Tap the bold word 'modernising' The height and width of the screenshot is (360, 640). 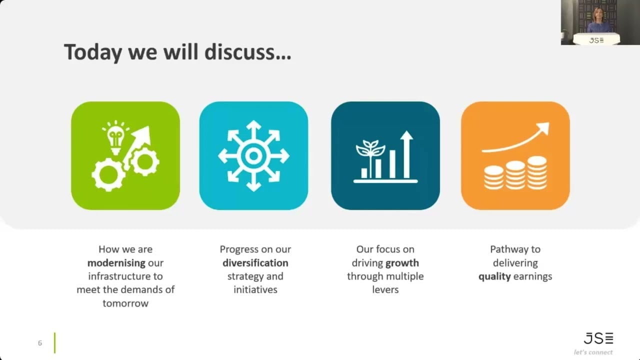coord(116,263)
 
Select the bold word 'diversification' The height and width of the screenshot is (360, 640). coord(255,263)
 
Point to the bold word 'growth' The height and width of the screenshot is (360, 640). coord(402,263)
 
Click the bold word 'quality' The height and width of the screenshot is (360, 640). coord(494,276)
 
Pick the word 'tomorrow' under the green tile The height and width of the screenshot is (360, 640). coord(125,303)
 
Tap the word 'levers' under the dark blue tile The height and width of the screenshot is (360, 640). coord(385,289)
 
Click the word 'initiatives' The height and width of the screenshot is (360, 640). coord(255,289)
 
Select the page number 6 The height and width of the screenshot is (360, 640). coord(40,343)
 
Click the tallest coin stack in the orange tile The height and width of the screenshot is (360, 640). coord(537,173)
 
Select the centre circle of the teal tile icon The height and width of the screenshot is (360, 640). coord(253,156)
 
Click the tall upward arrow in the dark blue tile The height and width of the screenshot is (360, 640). coord(406,154)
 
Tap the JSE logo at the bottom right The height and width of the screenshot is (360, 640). coord(598,338)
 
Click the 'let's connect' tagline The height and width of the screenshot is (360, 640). coord(593,352)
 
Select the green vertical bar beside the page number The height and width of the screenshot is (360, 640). coord(55,343)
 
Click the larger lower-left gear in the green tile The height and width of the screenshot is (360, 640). coord(108,174)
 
